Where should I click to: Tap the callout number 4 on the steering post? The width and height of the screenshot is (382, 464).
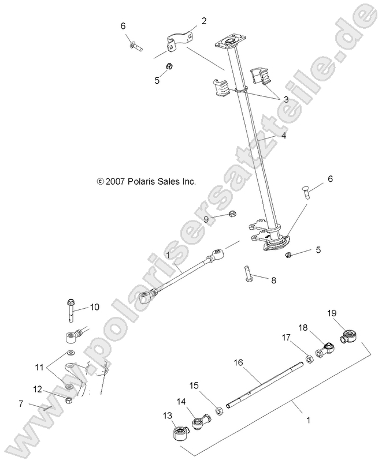click(284, 137)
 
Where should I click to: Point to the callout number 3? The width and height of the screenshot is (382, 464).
click(285, 99)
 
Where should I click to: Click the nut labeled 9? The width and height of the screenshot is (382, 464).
click(230, 215)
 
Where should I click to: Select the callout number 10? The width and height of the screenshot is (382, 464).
click(94, 306)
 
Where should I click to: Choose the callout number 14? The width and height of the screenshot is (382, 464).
click(181, 401)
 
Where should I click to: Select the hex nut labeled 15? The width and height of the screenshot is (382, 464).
click(219, 411)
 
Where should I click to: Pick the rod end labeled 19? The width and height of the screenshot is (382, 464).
click(350, 335)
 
